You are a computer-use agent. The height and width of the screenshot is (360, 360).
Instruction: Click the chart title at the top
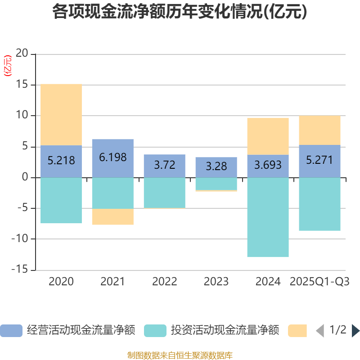180,12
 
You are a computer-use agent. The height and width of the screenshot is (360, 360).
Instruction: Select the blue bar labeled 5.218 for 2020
61,161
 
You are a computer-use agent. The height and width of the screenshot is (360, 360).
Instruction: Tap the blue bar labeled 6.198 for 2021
112,158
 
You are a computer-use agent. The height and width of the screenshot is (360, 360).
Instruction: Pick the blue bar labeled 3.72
165,166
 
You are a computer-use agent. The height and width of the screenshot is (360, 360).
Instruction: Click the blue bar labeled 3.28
216,167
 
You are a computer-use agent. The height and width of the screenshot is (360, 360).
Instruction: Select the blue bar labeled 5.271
319,161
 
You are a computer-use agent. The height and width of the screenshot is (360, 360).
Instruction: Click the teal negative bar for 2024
268,217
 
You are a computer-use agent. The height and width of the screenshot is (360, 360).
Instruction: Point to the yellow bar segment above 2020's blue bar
61,114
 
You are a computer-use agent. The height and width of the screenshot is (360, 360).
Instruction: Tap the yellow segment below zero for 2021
112,217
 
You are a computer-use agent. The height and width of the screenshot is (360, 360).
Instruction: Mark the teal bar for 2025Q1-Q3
319,204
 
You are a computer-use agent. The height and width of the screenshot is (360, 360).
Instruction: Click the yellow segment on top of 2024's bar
268,136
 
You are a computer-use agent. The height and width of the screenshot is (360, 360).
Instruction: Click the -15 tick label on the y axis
20,270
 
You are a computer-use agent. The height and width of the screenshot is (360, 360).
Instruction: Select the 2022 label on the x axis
165,282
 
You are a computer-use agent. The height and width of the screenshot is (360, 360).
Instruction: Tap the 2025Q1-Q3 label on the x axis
319,282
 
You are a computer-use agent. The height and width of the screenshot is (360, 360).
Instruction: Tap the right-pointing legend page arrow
355,331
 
